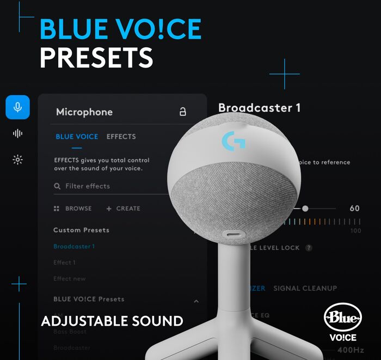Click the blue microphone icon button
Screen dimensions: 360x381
pyautogui.click(x=17, y=107)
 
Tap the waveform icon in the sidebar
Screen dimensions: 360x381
pyautogui.click(x=17, y=133)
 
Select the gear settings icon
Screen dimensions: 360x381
pyautogui.click(x=17, y=160)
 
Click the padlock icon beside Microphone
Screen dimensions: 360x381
pyautogui.click(x=183, y=112)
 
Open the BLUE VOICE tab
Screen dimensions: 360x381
pyautogui.click(x=77, y=137)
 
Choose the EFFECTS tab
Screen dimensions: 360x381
pyautogui.click(x=121, y=137)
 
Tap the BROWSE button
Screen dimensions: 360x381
pyautogui.click(x=73, y=209)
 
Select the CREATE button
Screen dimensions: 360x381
pyautogui.click(x=123, y=209)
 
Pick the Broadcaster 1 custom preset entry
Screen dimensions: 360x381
pyautogui.click(x=74, y=246)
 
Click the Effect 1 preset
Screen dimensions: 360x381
pyautogui.click(x=64, y=263)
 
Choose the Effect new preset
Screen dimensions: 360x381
pyautogui.click(x=69, y=279)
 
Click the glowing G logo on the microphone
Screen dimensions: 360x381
pyautogui.click(x=233, y=142)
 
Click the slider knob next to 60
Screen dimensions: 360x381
pyautogui.click(x=305, y=209)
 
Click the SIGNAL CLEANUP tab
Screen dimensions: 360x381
pyautogui.click(x=305, y=288)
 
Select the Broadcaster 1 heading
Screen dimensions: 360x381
pyautogui.click(x=259, y=108)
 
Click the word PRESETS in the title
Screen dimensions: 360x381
pyautogui.click(x=96, y=57)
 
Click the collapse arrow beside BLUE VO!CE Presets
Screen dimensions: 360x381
pyautogui.click(x=196, y=301)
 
